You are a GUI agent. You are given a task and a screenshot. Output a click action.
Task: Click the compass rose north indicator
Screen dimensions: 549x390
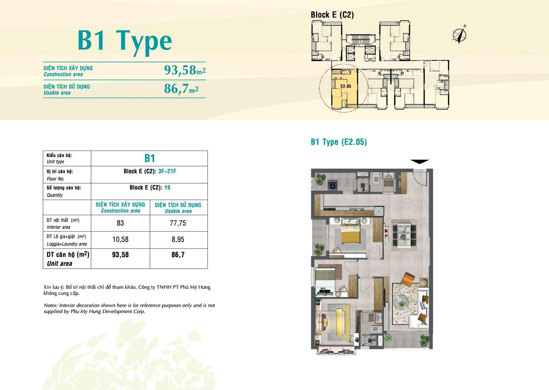point(459,35)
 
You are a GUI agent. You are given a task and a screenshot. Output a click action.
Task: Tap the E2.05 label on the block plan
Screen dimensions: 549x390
point(346,86)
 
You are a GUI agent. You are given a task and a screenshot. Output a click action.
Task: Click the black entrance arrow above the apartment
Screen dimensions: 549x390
point(420,162)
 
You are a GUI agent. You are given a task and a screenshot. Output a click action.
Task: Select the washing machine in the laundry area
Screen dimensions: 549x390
point(333,185)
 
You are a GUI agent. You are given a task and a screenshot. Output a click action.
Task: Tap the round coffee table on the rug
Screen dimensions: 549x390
point(401,304)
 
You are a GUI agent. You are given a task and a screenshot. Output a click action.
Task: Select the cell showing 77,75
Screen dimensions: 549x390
point(178,223)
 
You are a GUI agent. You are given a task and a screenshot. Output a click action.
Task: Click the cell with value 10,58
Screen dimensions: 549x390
point(120,239)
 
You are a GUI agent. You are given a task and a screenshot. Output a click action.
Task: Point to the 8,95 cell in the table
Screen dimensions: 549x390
point(178,239)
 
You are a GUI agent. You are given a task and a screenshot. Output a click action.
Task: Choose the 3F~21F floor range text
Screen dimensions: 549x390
point(167,171)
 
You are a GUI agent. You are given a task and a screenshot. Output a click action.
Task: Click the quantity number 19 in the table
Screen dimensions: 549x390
point(167,188)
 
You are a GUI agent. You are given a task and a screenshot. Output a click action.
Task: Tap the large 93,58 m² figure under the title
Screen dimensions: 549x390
point(185,70)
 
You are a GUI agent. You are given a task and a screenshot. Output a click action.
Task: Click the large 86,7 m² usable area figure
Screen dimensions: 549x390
point(181,88)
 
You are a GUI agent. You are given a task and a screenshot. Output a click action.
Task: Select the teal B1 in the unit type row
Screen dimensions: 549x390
point(150,158)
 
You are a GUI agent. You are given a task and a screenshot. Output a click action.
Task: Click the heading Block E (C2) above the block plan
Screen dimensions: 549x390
point(332,15)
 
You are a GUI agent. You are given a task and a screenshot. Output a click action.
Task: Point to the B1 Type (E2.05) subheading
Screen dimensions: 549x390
point(339,142)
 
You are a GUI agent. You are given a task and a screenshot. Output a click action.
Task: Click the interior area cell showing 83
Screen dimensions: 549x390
point(120,223)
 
